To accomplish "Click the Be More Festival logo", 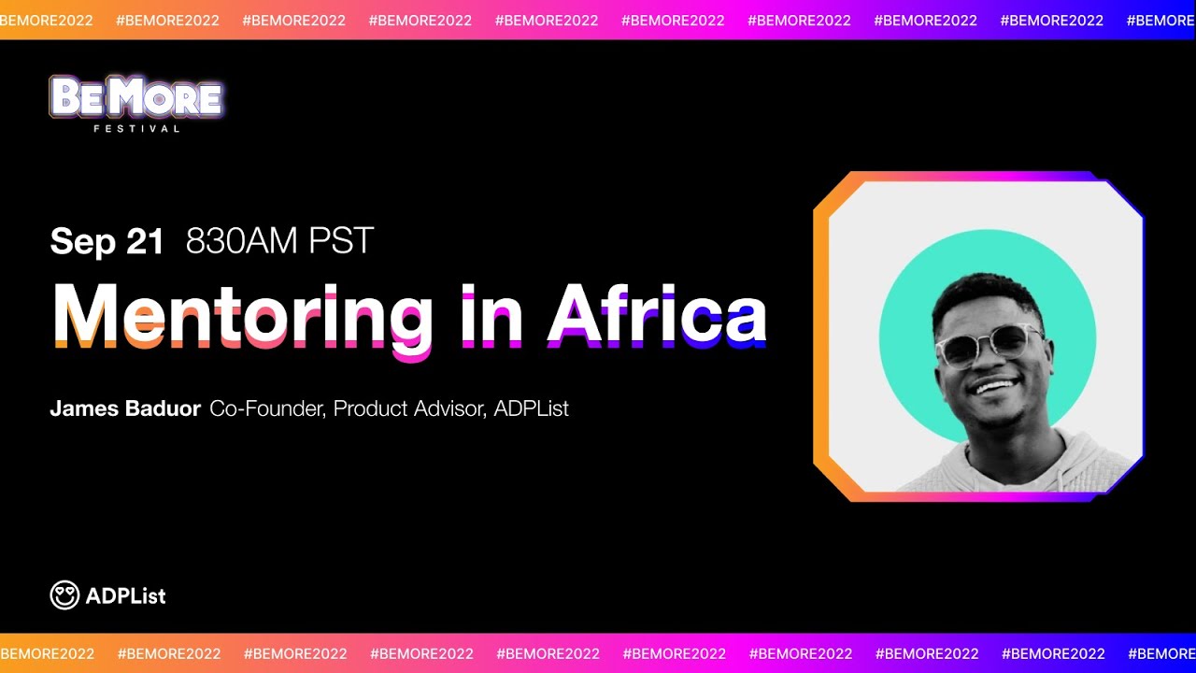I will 136,97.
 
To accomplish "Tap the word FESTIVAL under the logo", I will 136,129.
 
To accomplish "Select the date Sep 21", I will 107,241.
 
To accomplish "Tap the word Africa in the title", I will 657,314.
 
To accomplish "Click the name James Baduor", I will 125,408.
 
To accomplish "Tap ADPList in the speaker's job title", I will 531,408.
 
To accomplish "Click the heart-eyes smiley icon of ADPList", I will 64,595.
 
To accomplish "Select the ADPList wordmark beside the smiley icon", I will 125,595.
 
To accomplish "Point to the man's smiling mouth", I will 996,386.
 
